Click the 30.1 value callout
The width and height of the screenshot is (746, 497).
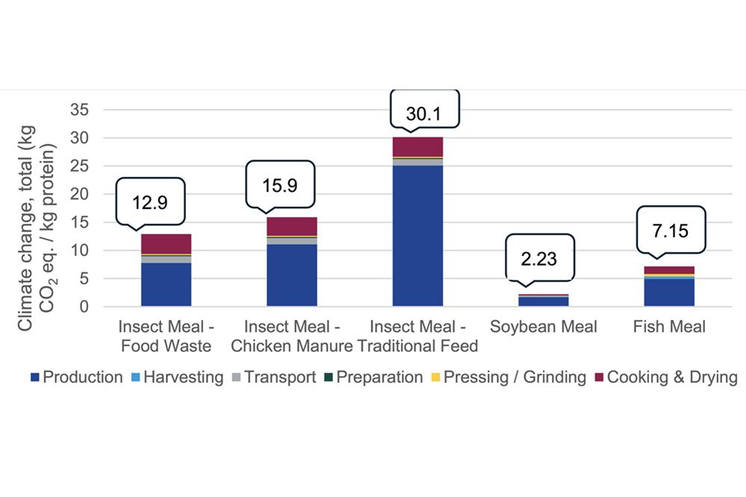pos(423,113)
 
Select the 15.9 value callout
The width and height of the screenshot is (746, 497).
pos(280,184)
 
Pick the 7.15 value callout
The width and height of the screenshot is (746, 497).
pos(671,230)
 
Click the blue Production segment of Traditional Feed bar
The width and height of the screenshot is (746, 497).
pos(417,235)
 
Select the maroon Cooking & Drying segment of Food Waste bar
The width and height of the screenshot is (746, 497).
pos(167,244)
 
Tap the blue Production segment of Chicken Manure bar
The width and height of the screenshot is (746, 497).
pos(292,275)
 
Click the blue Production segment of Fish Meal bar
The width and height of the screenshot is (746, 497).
pos(669,292)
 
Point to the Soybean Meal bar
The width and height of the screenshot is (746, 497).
pos(544,301)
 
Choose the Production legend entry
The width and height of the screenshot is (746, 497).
pos(76,378)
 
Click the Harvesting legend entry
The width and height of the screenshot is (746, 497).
pos(178,378)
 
